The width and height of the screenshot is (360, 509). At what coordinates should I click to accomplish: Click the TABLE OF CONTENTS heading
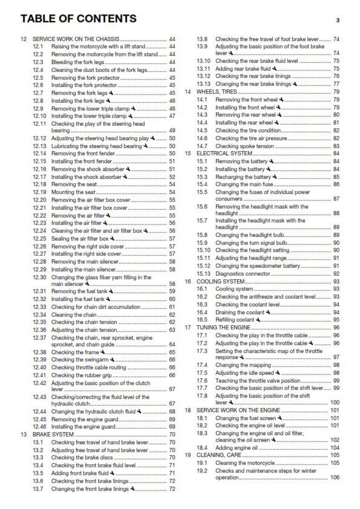tap(78, 19)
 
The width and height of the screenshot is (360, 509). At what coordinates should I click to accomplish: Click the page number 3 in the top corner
tap(338, 20)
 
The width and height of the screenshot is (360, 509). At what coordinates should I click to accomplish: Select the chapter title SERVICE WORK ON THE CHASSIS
tap(76, 39)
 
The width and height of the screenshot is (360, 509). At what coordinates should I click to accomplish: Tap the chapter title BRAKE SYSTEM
tap(54, 434)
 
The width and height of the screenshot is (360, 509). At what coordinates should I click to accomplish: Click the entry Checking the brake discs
tap(88, 458)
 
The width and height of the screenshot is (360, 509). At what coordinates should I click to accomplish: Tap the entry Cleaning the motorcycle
tap(245, 462)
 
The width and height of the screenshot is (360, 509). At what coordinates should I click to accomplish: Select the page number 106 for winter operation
tap(335, 478)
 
